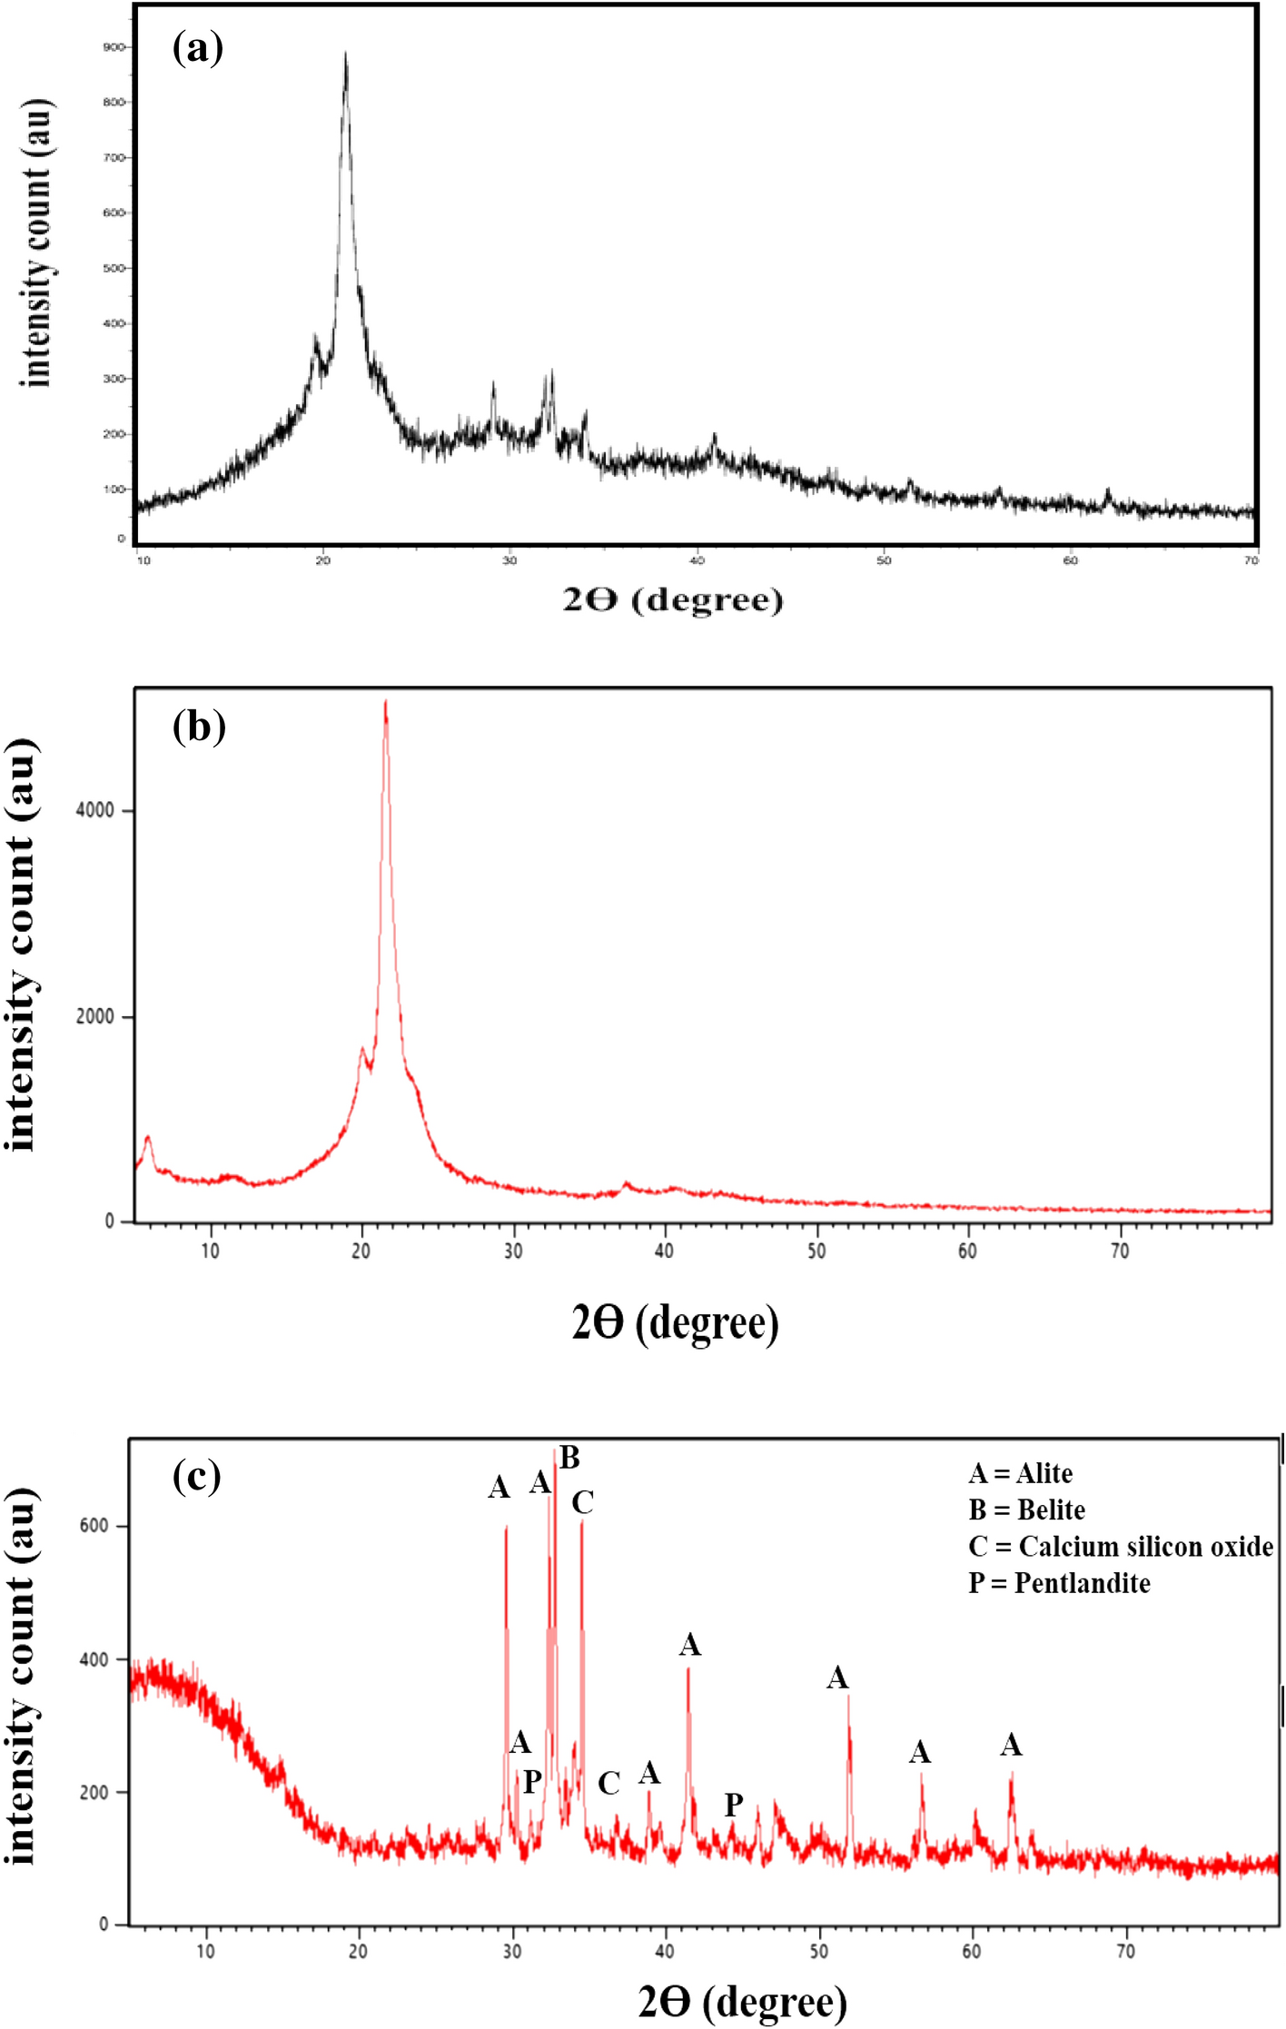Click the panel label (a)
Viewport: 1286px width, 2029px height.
click(x=197, y=47)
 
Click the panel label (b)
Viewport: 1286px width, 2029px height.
click(x=199, y=727)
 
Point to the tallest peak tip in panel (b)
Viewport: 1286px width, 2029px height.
click(x=386, y=702)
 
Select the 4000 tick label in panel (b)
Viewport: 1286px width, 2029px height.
click(x=95, y=810)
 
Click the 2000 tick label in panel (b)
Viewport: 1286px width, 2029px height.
click(x=95, y=1016)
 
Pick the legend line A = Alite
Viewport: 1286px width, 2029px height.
click(x=1020, y=1473)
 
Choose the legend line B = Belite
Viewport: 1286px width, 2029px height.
click(x=1026, y=1509)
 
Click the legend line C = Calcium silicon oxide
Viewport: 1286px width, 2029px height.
click(x=1121, y=1546)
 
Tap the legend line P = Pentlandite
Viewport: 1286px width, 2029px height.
click(x=1059, y=1583)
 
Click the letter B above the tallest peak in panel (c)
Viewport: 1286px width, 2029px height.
click(x=569, y=1458)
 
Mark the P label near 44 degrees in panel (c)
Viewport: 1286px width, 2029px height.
click(x=734, y=1805)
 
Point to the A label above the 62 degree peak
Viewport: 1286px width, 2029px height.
click(x=1011, y=1745)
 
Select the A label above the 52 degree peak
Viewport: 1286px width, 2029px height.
click(x=836, y=1678)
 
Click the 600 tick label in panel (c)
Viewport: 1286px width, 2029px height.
click(x=94, y=1526)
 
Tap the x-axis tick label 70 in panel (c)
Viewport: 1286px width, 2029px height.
click(x=1125, y=1951)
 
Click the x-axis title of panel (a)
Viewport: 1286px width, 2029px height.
click(x=673, y=599)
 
